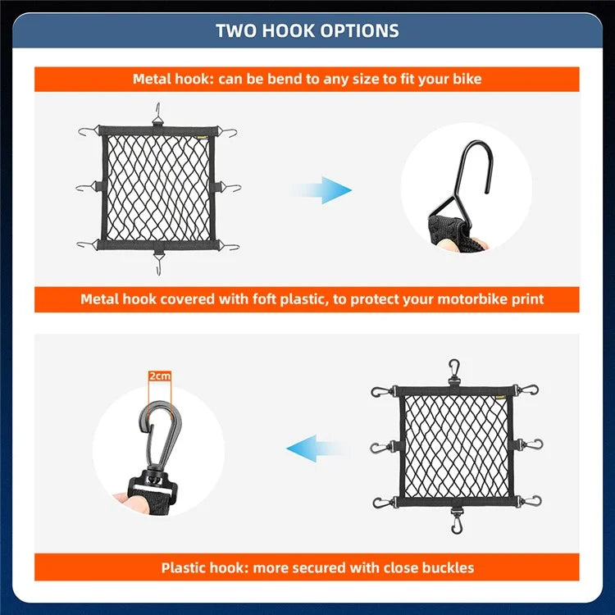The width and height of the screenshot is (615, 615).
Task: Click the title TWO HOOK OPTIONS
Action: [x=307, y=31]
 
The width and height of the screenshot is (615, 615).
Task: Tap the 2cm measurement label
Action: [x=160, y=376]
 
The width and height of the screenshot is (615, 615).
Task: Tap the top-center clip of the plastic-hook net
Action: [x=454, y=370]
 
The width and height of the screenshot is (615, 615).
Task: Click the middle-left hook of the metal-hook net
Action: [x=85, y=188]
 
